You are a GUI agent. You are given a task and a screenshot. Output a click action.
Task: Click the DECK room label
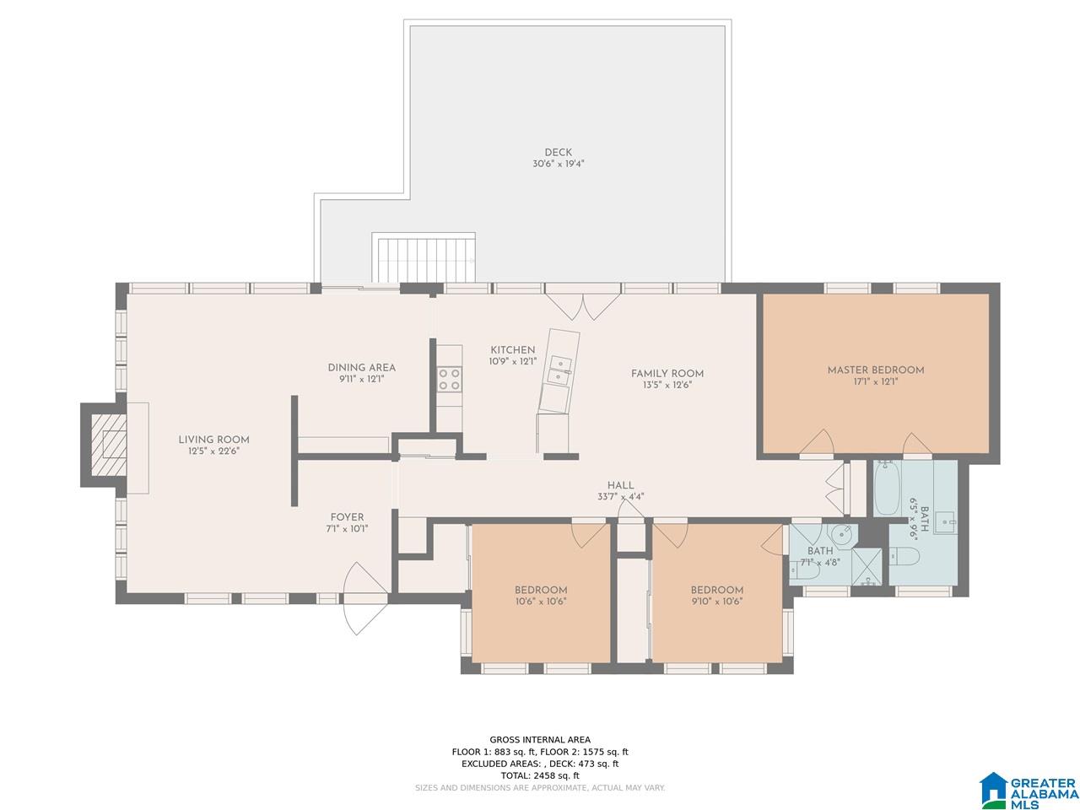[558, 153]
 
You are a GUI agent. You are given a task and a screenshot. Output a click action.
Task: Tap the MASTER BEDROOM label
[875, 370]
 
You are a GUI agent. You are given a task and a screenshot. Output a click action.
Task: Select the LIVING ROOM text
[213, 440]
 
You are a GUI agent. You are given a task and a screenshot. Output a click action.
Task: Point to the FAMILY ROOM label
[667, 373]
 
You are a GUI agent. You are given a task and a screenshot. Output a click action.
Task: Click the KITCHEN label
[512, 349]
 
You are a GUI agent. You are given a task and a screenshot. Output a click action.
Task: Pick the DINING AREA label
[361, 367]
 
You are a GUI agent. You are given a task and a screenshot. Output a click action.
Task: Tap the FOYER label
[347, 517]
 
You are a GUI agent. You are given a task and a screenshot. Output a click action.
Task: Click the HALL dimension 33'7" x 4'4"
[620, 497]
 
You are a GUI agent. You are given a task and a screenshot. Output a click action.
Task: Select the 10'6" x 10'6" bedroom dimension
[541, 601]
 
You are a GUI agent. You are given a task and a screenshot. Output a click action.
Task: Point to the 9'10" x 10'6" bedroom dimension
[716, 601]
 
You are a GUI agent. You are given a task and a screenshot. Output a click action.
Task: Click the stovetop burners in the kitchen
[449, 379]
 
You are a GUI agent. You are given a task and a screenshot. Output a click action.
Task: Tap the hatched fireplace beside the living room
[108, 445]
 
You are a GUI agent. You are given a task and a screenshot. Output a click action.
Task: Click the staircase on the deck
[424, 259]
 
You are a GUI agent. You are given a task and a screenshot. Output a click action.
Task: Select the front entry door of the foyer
[364, 598]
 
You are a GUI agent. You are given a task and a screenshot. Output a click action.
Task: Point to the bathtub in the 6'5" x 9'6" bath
[887, 489]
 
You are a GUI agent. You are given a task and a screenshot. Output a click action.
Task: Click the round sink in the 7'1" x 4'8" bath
[842, 533]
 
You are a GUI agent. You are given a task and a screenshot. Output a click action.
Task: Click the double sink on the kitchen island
[560, 370]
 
